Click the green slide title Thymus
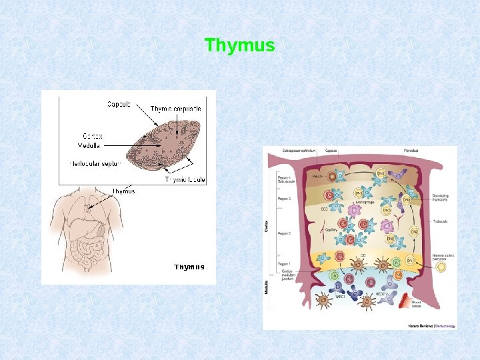click(239, 45)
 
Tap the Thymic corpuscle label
click(175, 109)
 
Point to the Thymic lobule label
click(185, 180)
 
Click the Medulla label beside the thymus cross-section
click(89, 145)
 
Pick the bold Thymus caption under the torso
click(189, 267)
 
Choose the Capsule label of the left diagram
click(119, 104)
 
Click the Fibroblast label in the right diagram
click(411, 151)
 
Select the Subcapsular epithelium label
click(285, 151)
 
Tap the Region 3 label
click(283, 199)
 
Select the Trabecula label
click(441, 221)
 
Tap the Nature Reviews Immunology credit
click(432, 326)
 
